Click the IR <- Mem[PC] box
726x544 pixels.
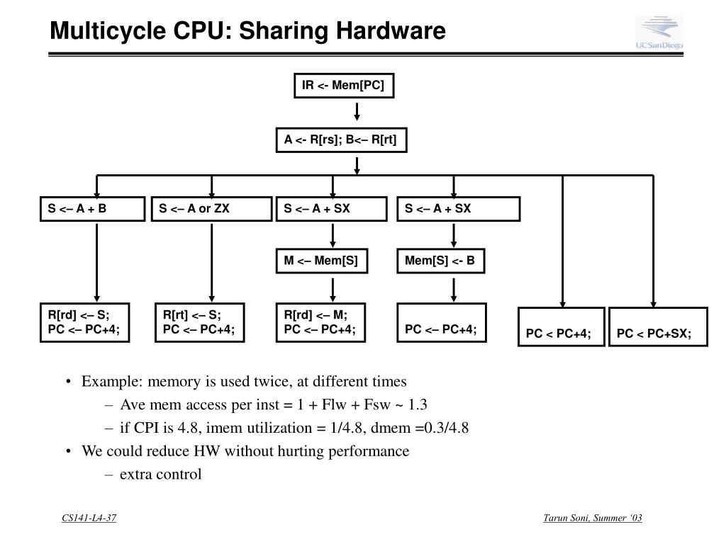point(343,86)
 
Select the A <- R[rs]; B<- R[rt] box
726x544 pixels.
point(341,140)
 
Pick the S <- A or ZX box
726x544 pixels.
point(211,209)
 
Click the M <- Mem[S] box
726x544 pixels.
point(321,261)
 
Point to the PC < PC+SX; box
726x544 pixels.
point(658,327)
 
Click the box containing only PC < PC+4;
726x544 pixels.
point(561,327)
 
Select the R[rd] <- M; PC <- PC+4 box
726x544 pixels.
point(320,322)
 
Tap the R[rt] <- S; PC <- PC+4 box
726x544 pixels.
point(199,322)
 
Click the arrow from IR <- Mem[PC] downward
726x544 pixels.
point(357,112)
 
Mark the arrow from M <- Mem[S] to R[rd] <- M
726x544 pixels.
point(331,288)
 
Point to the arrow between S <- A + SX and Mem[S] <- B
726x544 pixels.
point(453,235)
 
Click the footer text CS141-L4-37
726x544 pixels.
point(89,518)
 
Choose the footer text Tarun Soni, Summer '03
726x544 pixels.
point(592,518)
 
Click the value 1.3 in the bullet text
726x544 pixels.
point(418,404)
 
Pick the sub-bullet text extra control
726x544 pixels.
point(160,474)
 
